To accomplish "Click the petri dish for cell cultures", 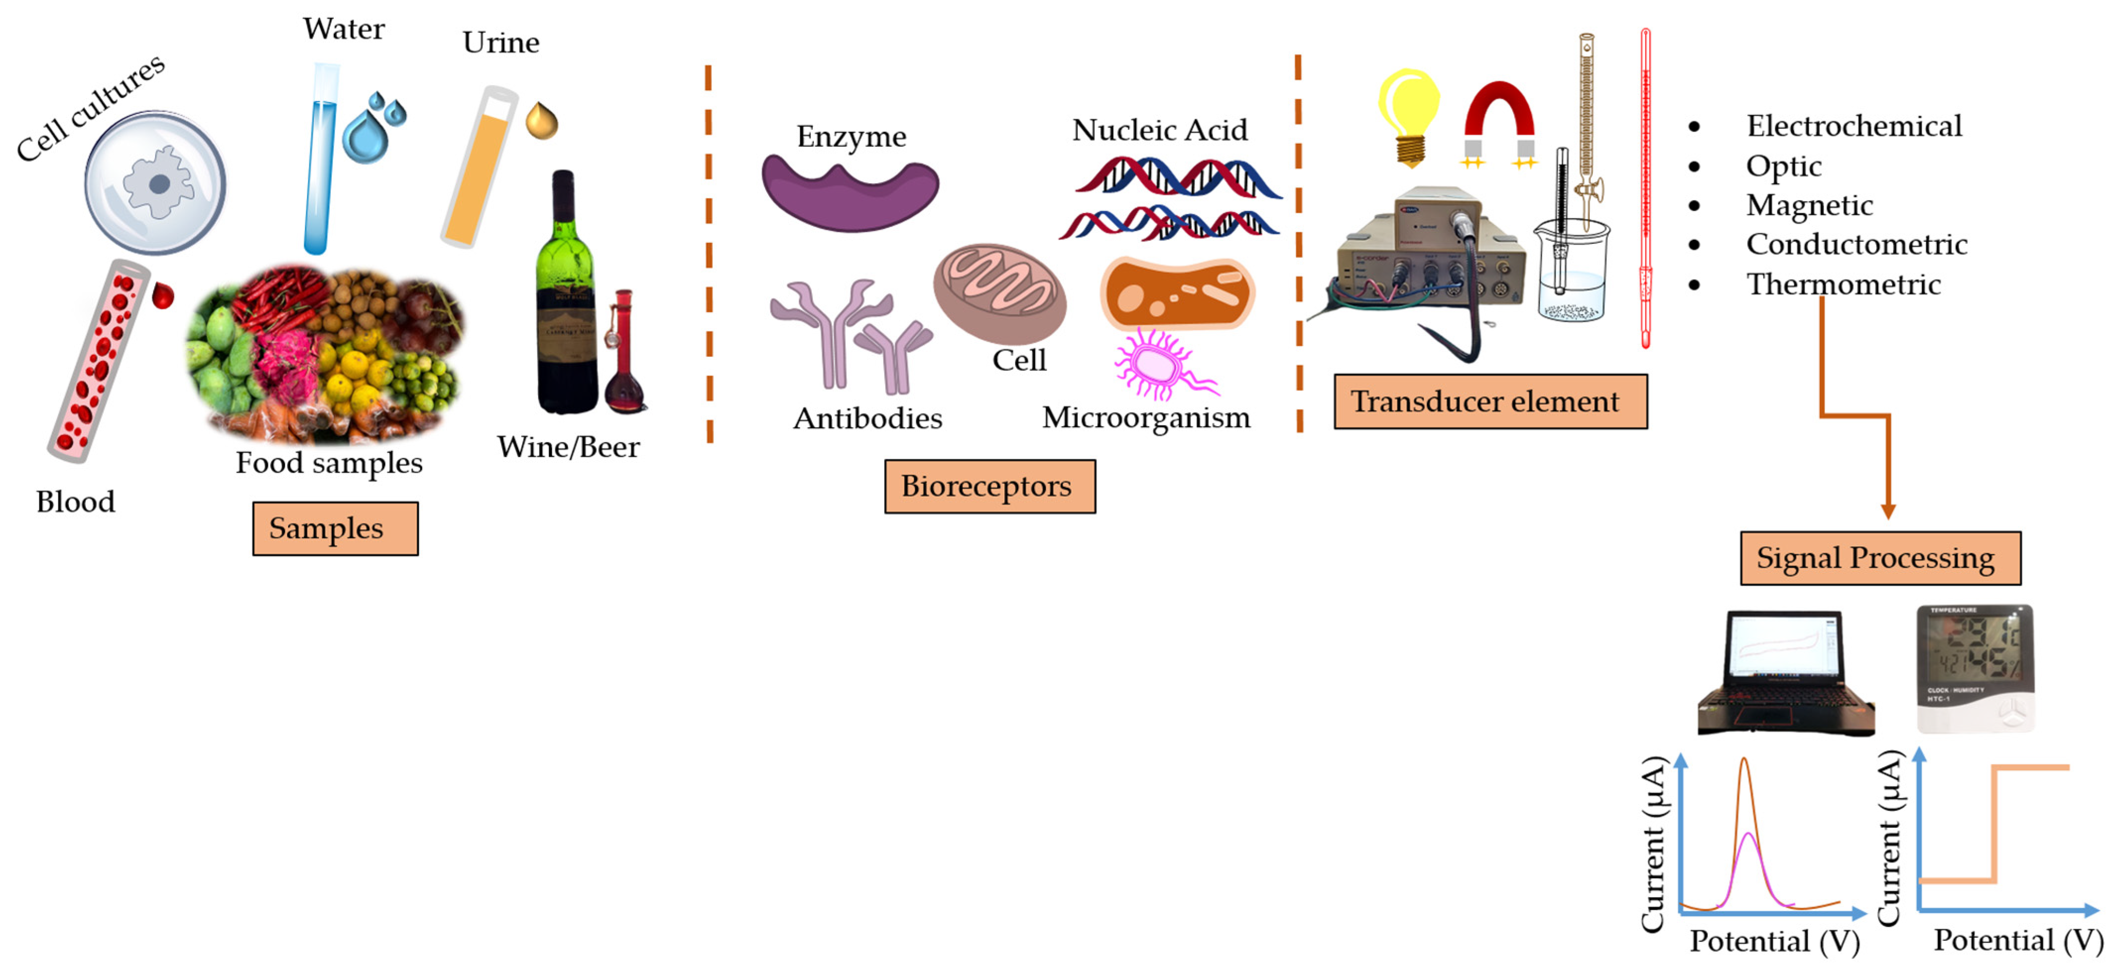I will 156,183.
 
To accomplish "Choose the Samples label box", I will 335,528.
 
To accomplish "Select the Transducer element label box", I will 1490,402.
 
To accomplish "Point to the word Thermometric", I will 1843,284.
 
